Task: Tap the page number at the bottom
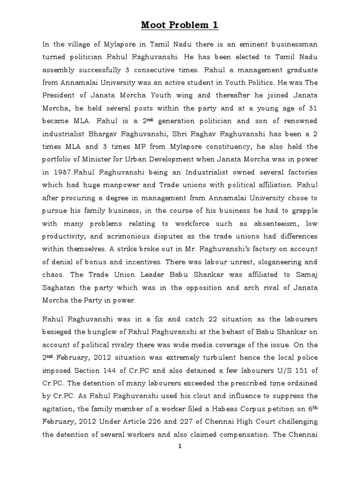pyautogui.click(x=180, y=446)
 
